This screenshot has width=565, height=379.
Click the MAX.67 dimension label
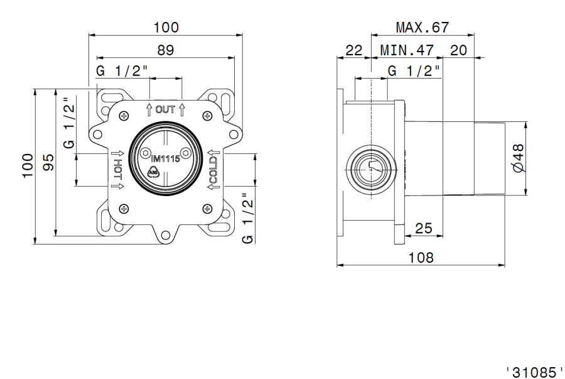point(422,28)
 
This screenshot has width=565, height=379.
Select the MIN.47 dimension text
point(406,50)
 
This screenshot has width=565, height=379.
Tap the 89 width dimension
point(165,50)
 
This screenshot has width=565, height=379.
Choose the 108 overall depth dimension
point(421,257)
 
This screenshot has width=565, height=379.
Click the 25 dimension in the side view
point(423,229)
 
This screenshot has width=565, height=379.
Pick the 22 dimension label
point(354,50)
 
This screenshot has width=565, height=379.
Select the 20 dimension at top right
point(458,50)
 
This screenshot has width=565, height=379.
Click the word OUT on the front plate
point(165,109)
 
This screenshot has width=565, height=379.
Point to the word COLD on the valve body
point(213,170)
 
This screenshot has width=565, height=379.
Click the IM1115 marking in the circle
point(165,158)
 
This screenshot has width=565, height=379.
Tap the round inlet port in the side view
point(371,168)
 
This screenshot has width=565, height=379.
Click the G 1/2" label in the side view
point(414,71)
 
